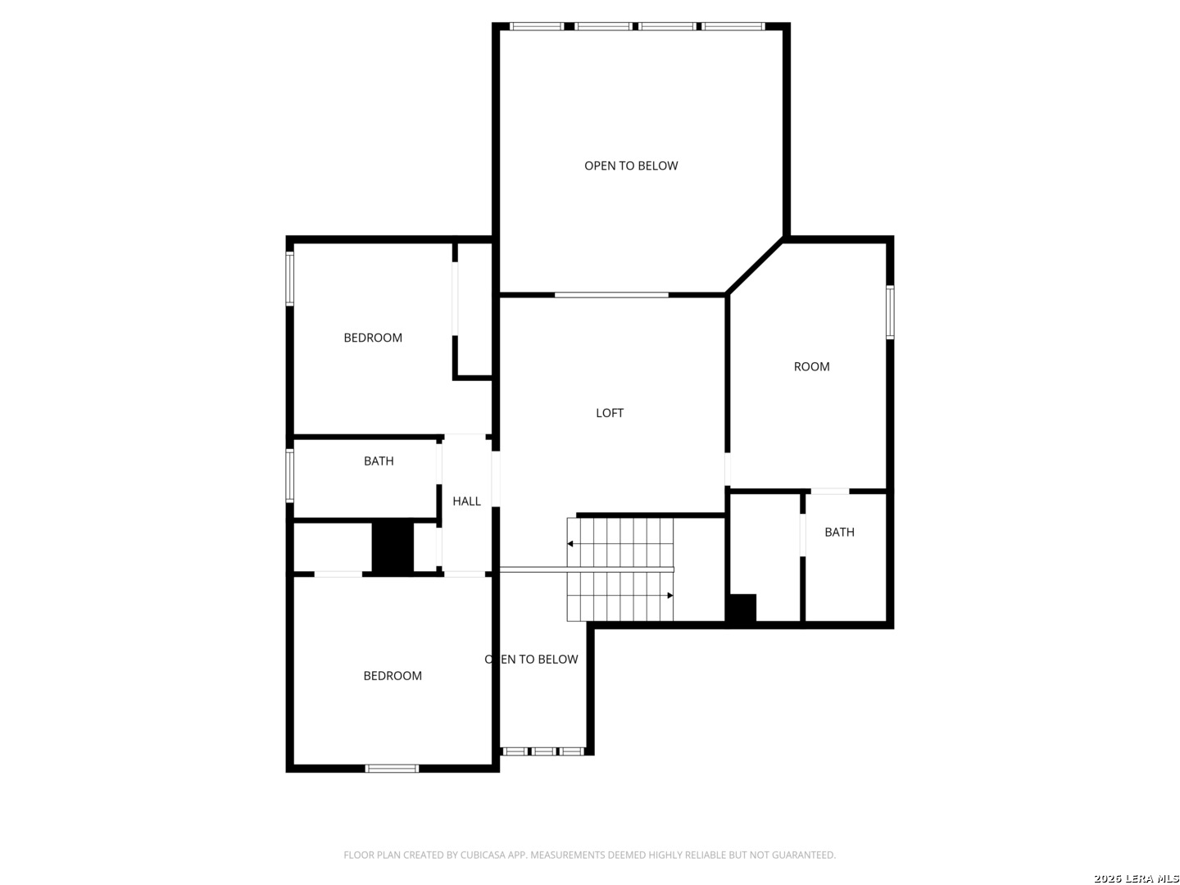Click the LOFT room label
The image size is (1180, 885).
click(x=609, y=413)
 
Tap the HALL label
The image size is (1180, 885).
click(x=466, y=501)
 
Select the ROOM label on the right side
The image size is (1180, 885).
click(x=811, y=366)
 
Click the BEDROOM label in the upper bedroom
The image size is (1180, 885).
click(x=373, y=338)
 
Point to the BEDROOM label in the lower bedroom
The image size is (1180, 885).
click(x=393, y=675)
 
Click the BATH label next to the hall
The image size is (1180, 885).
click(x=379, y=461)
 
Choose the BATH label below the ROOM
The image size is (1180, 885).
click(x=839, y=532)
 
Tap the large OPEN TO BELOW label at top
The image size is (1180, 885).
click(x=631, y=166)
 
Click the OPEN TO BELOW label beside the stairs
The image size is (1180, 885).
click(x=531, y=659)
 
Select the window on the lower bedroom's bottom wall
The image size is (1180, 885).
click(x=392, y=768)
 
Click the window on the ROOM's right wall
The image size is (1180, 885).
click(x=890, y=312)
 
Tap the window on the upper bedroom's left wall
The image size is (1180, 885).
click(x=290, y=279)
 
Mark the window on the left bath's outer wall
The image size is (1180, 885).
click(x=290, y=476)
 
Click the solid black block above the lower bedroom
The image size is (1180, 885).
click(x=393, y=546)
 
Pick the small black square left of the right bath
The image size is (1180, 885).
click(x=741, y=607)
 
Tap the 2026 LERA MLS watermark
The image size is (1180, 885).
click(x=1136, y=878)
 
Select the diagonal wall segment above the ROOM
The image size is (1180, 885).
click(x=755, y=265)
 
